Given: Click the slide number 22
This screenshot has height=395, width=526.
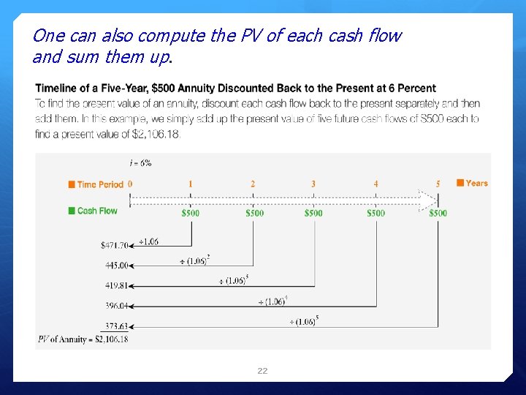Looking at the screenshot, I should click(x=262, y=371).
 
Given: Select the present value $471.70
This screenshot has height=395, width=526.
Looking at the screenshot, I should click(x=114, y=245).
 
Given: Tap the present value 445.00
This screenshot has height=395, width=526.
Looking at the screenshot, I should click(x=116, y=266).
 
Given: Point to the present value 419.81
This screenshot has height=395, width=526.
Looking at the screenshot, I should click(x=116, y=286).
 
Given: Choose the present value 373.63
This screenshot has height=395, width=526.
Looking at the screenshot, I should click(x=116, y=326).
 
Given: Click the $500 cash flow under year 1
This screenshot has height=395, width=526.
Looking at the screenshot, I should click(x=191, y=213).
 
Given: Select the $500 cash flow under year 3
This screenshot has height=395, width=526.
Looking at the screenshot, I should click(x=313, y=213).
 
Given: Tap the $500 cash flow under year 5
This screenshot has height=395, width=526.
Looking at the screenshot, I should click(x=438, y=213).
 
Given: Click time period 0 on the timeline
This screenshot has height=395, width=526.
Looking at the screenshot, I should click(x=130, y=184).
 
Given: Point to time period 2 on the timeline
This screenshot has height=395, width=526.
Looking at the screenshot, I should click(x=253, y=184).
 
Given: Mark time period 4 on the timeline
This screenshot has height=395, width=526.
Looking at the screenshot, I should click(x=376, y=184).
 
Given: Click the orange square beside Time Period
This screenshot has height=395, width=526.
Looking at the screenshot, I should click(x=72, y=185).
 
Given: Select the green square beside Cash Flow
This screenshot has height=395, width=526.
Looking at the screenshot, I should click(x=72, y=211).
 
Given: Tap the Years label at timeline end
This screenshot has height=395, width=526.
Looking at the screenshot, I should click(x=476, y=183).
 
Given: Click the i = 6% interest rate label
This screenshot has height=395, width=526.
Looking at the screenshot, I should click(x=141, y=163).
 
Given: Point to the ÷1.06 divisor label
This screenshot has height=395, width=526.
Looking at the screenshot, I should click(x=148, y=242).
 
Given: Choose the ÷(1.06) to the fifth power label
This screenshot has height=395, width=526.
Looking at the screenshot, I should click(x=304, y=321).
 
